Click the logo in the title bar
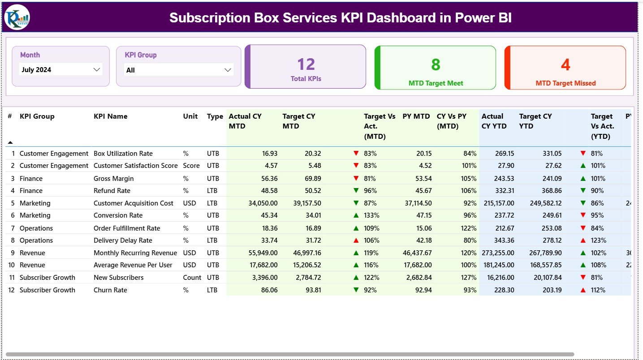click(x=17, y=17)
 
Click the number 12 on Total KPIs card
click(x=306, y=64)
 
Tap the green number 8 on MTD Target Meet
click(x=436, y=65)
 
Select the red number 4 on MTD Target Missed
click(x=565, y=65)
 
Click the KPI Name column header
click(x=110, y=116)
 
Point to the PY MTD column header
click(x=416, y=116)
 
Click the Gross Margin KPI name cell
click(x=113, y=178)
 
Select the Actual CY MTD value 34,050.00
click(x=263, y=203)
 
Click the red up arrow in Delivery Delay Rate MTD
click(x=356, y=240)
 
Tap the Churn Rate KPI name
click(x=110, y=290)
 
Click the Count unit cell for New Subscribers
click(x=192, y=278)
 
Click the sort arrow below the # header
click(x=10, y=142)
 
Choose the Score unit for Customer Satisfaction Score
click(x=191, y=166)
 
